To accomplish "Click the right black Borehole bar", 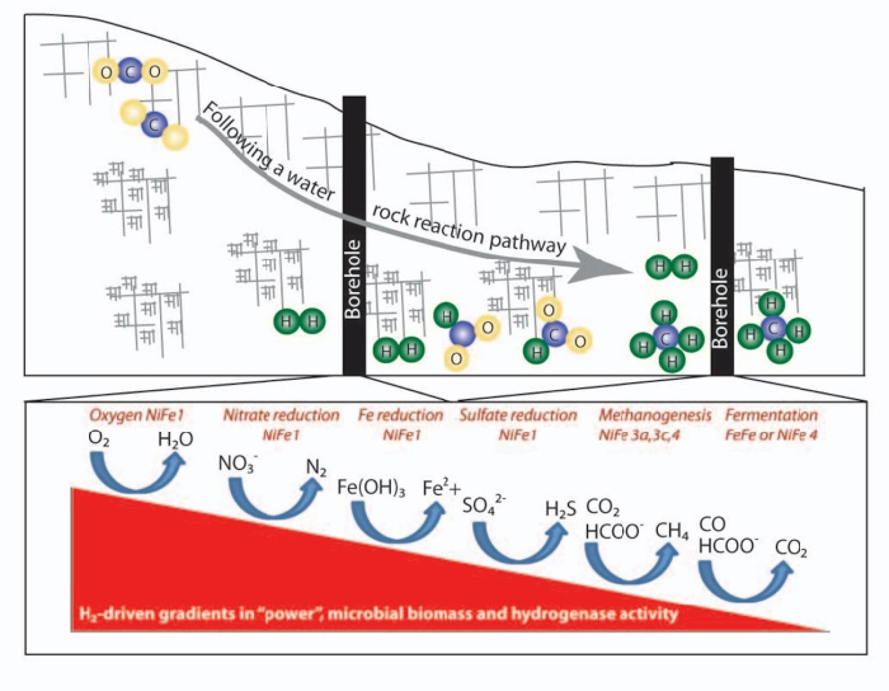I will (722, 267).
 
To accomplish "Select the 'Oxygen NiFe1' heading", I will (136, 415).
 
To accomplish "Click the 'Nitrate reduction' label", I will (281, 415).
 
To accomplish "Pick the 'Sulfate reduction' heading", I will (518, 415).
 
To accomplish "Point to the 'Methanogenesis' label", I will (654, 415).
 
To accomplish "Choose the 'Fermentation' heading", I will (771, 415).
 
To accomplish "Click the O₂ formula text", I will (98, 439).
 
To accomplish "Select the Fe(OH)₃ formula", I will (371, 488).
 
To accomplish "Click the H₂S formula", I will (560, 509).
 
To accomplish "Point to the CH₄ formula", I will (671, 532).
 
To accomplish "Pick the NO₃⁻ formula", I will (237, 463).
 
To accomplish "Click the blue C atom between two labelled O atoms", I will (130, 71).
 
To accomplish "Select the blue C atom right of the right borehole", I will (773, 328).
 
